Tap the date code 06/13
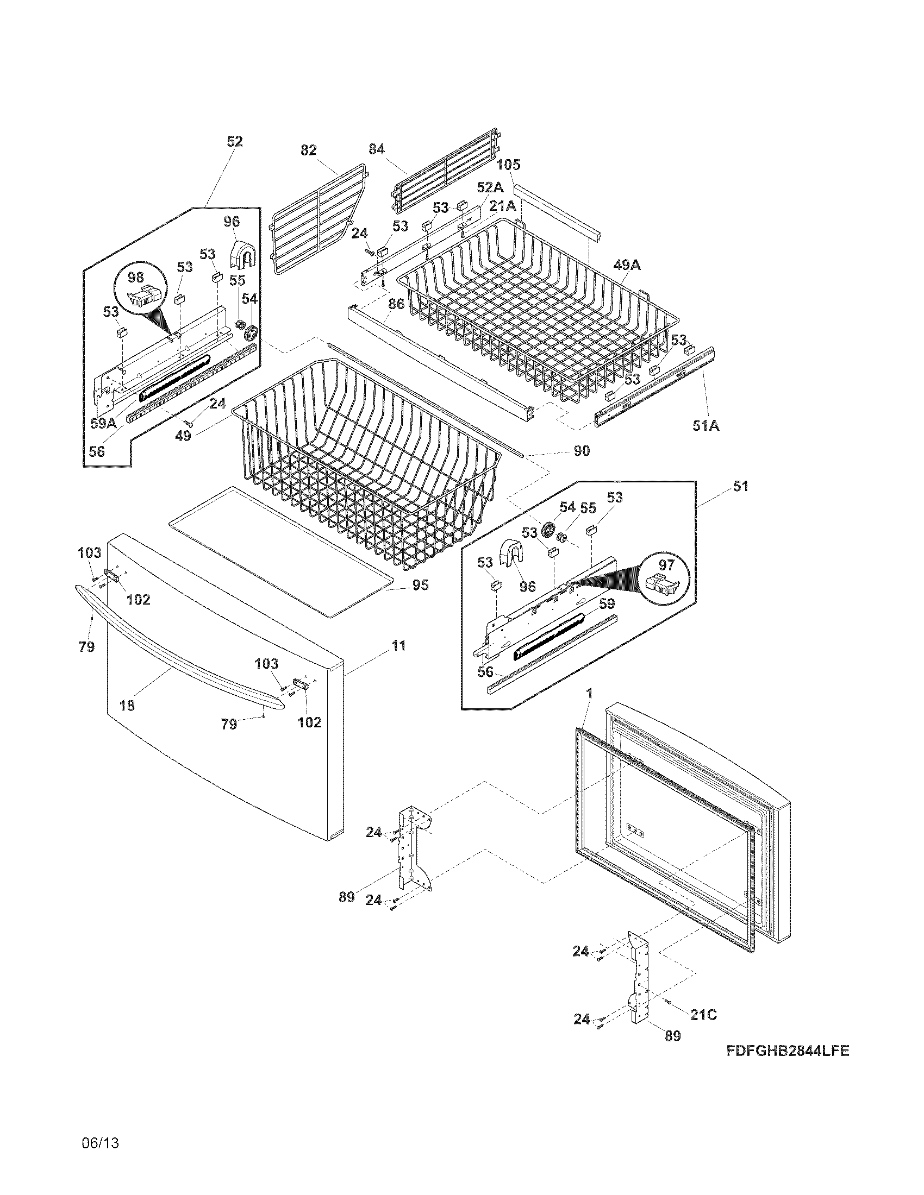click(99, 1143)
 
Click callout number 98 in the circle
click(135, 278)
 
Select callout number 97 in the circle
click(666, 564)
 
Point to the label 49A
click(627, 266)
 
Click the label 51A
click(706, 425)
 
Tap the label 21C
click(703, 1015)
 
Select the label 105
click(509, 165)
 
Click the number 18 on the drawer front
click(127, 706)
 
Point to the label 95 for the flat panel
click(420, 585)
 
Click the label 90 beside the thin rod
click(582, 450)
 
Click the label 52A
click(489, 188)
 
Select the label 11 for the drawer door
click(398, 646)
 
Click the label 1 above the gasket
click(589, 693)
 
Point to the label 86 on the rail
click(396, 304)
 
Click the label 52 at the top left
click(234, 142)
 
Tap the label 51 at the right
click(740, 486)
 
